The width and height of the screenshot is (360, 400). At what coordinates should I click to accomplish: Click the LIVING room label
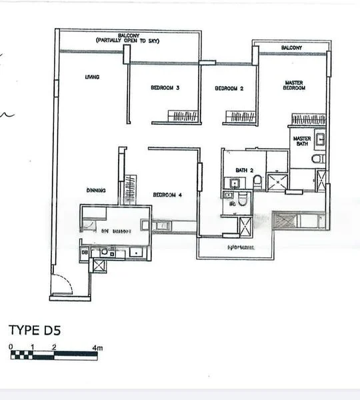point(92,77)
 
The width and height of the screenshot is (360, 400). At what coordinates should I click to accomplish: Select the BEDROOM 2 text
point(228,88)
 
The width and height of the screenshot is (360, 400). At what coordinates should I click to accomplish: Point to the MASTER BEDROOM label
point(294,85)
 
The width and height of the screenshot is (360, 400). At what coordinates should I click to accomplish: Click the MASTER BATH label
point(301,141)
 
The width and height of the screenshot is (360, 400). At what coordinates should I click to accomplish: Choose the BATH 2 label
point(243,170)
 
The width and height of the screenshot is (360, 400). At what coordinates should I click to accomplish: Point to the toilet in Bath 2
point(257,181)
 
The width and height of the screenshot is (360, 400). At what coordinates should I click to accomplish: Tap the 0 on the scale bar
point(11,347)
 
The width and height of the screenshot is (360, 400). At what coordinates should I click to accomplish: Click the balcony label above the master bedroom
point(291,48)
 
